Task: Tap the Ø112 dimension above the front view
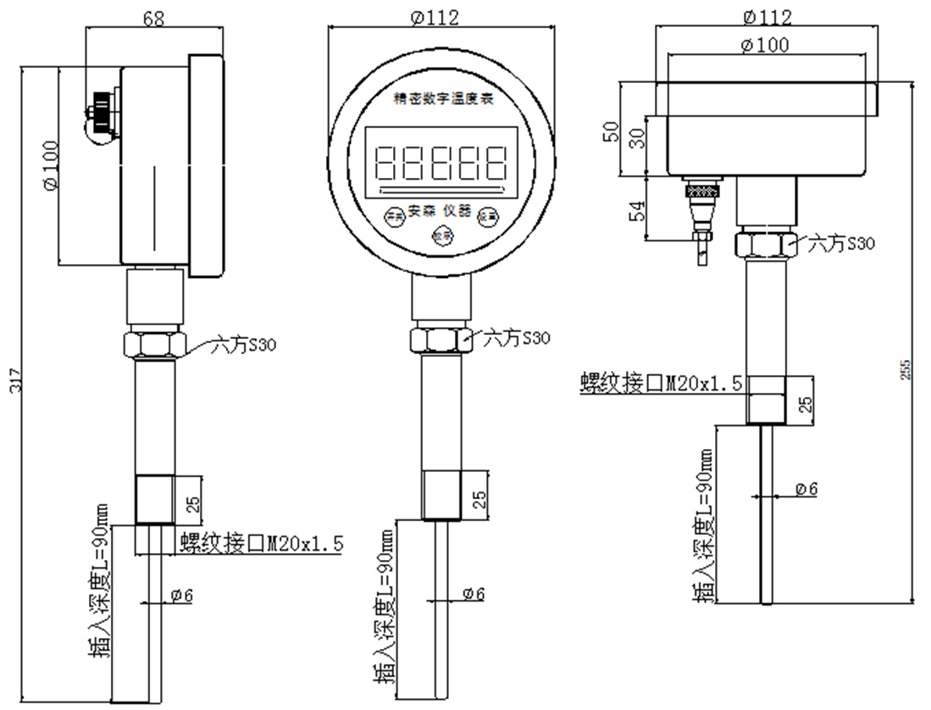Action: click(441, 16)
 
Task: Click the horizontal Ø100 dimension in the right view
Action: click(765, 46)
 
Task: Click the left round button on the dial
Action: click(393, 215)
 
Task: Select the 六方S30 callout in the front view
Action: click(516, 339)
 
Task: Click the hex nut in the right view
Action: click(765, 244)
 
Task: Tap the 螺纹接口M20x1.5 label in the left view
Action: click(261, 543)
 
